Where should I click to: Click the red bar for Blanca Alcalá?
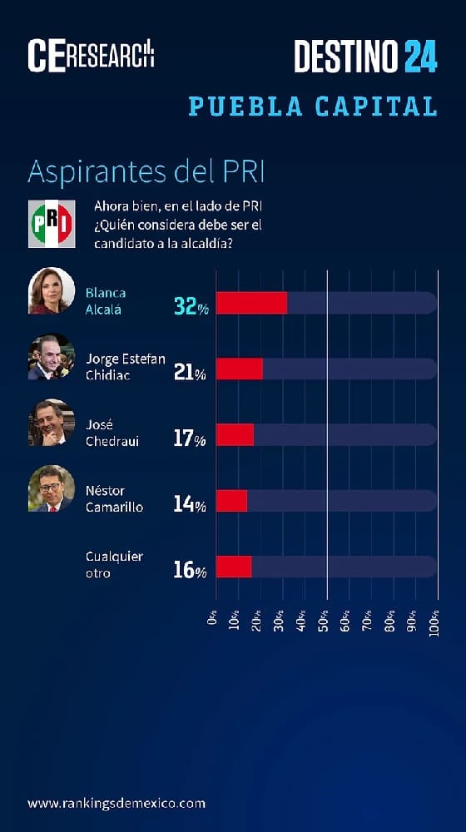(x=251, y=303)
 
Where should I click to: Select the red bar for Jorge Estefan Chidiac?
(x=240, y=369)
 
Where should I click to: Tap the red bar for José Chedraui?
(x=235, y=434)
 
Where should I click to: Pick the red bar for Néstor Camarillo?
(x=231, y=500)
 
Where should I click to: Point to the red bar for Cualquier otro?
(x=234, y=567)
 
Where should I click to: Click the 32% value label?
(x=190, y=306)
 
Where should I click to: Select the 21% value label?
(x=189, y=372)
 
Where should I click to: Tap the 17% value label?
(x=189, y=438)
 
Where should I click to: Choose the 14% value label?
(x=189, y=503)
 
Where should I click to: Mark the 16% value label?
(x=189, y=570)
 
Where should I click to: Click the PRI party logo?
(x=52, y=224)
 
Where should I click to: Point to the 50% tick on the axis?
(x=325, y=619)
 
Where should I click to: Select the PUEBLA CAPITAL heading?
(x=313, y=106)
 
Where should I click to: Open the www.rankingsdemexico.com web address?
(x=116, y=803)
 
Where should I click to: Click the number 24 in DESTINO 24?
(x=420, y=56)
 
